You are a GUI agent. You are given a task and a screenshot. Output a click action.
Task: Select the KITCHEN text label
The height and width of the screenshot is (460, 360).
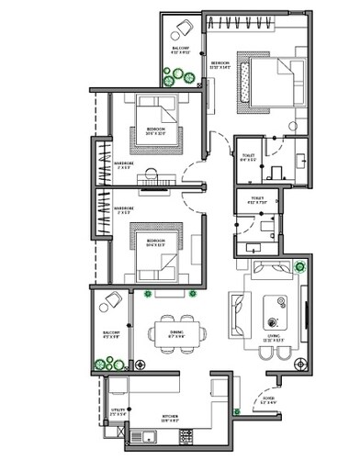171,418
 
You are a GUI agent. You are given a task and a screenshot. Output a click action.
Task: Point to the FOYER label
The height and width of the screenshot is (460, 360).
268,400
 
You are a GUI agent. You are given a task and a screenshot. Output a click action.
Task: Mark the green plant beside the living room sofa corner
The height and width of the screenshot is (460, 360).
303,268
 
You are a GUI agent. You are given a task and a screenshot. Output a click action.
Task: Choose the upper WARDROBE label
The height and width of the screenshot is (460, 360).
125,163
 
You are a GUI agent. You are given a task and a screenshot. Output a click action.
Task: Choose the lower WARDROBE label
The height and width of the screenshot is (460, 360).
125,209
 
